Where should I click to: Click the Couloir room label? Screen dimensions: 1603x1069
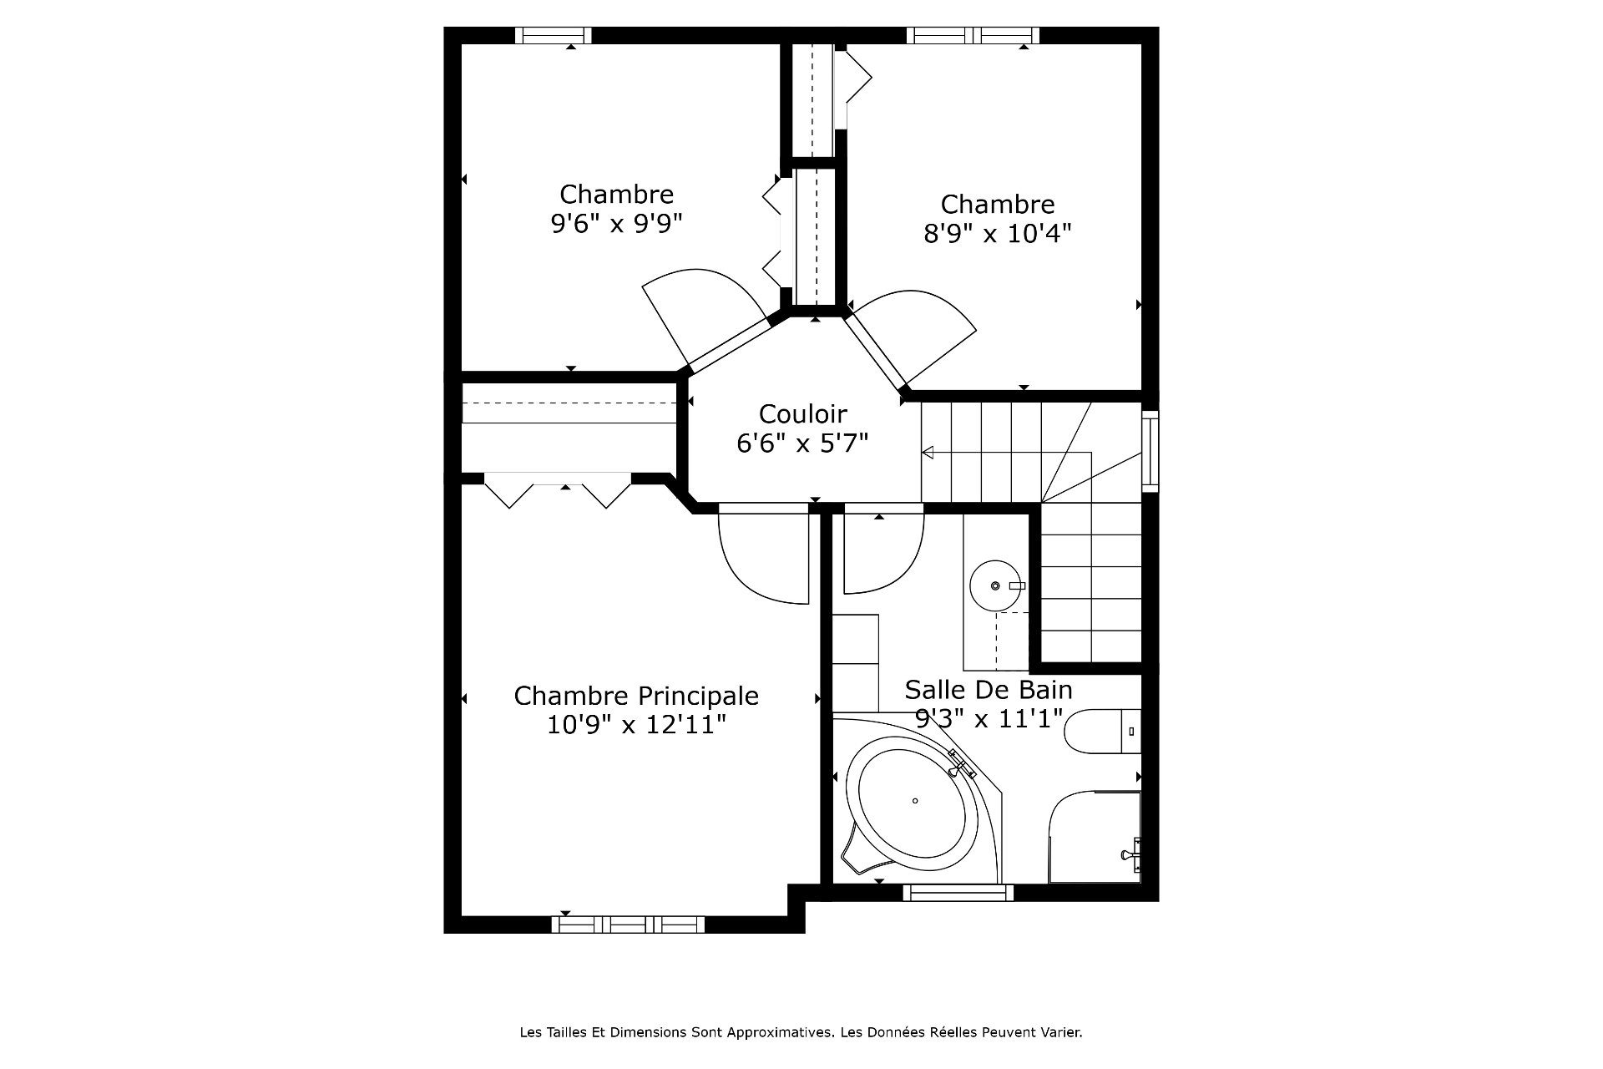(802, 413)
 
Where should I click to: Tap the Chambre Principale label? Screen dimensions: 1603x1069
(636, 696)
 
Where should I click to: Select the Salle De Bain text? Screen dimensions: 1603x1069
(989, 690)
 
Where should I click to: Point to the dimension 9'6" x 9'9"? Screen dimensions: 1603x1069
(616, 224)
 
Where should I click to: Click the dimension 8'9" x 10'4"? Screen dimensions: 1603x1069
(997, 233)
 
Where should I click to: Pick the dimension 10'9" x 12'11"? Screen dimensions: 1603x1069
(636, 724)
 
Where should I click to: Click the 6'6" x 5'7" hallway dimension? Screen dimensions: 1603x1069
(802, 443)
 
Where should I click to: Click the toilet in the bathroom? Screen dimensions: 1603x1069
(1102, 732)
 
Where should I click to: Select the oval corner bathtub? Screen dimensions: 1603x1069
(915, 801)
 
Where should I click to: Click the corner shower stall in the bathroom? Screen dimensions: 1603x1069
(1095, 837)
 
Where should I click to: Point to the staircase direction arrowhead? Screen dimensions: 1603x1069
(927, 453)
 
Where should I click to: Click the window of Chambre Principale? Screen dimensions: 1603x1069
(628, 925)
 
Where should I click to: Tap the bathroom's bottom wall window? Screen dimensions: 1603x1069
(958, 893)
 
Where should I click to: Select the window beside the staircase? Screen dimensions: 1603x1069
(1150, 451)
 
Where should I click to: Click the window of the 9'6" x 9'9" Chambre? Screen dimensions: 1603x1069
(553, 35)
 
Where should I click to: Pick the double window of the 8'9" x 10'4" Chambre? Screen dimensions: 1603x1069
(973, 35)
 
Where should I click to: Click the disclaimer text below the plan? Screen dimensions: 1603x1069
(801, 1032)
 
